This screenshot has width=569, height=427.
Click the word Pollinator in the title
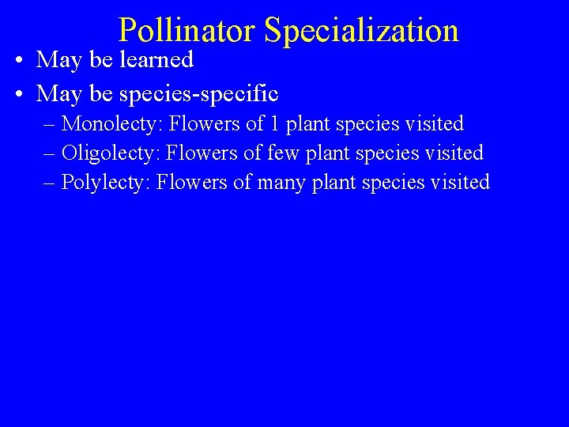187,31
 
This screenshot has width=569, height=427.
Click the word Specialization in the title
361,31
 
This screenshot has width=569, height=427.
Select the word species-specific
198,94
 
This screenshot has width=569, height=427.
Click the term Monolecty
111,124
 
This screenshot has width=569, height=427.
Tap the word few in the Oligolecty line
282,153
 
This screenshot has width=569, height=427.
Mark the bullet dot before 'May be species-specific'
18,95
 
